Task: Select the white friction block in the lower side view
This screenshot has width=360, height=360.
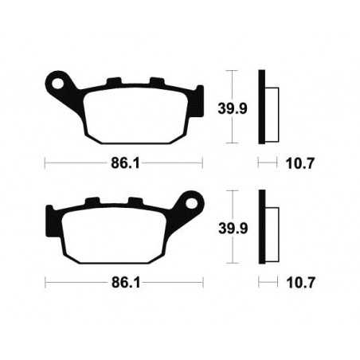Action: [270, 227]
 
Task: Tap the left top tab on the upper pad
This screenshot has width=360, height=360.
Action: [113, 81]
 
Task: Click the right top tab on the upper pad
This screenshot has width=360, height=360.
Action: [156, 81]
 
